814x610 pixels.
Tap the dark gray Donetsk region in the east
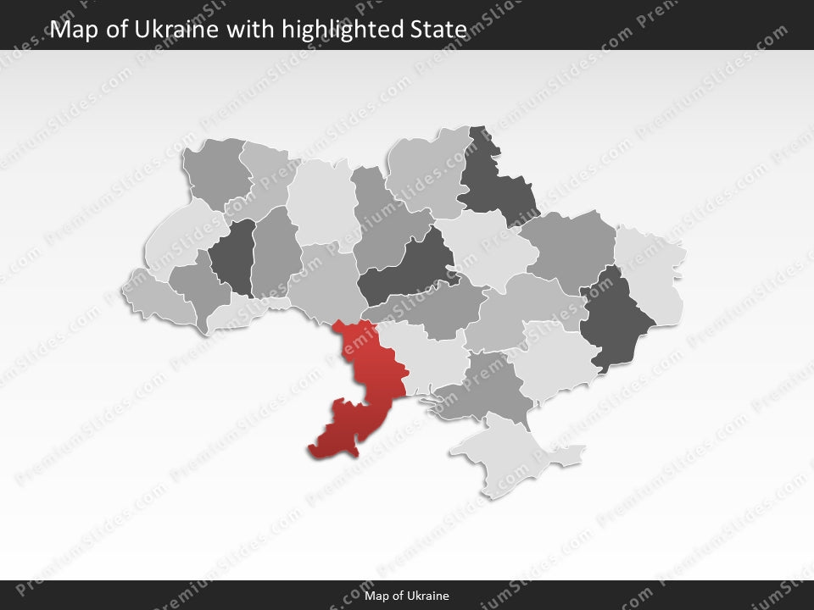(x=616, y=318)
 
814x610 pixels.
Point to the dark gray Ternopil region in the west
(x=233, y=254)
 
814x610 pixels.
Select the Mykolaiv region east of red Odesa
(x=428, y=356)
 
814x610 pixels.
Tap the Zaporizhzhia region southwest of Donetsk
(x=551, y=360)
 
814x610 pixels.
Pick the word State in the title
(x=441, y=30)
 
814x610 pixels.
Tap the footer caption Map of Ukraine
(x=407, y=596)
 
